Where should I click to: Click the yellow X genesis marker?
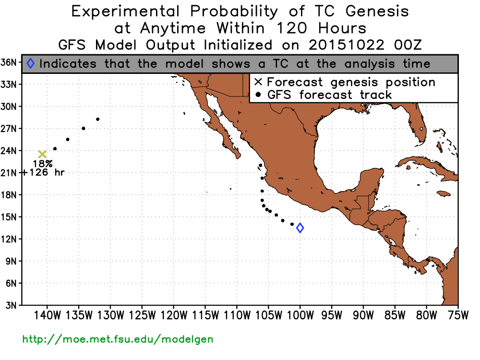42,154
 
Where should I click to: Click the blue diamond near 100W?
300,228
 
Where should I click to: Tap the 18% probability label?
43,164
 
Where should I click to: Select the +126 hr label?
42,172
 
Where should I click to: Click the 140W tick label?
48,315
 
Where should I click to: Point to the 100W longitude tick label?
300,315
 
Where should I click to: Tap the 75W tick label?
458,315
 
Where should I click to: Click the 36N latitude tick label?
8,62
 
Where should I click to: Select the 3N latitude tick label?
11,305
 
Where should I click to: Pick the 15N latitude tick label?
8,217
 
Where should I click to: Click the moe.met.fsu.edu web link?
118,339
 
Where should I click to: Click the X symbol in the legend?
258,82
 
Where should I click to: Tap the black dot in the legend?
258,95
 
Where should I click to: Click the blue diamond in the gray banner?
31,64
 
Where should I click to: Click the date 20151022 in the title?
346,45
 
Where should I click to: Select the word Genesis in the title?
377,12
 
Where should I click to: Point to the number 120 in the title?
291,28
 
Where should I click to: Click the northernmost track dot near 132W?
97,120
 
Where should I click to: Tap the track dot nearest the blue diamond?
292,224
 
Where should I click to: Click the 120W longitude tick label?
174,315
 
